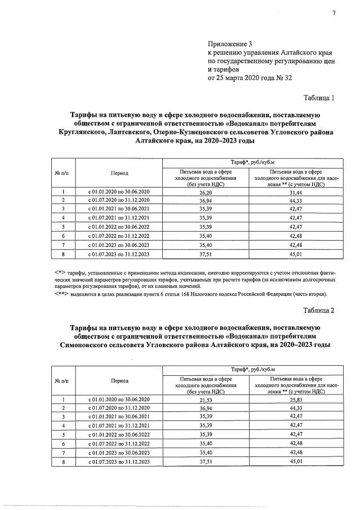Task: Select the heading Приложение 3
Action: [232, 43]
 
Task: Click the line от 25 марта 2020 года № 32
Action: [250, 77]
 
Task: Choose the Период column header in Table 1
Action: [119, 174]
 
